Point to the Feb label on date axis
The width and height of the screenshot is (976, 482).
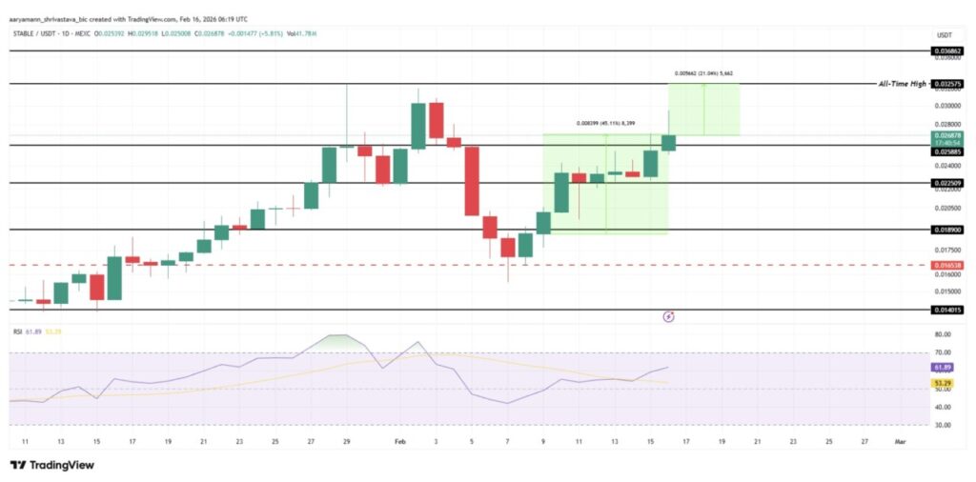400,443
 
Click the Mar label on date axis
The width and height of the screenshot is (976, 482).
900,443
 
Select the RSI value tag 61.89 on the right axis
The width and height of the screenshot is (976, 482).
943,367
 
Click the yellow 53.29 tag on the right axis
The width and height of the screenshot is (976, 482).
943,382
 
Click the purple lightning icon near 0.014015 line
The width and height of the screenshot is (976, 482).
668,315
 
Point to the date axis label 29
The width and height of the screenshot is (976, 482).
347,443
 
